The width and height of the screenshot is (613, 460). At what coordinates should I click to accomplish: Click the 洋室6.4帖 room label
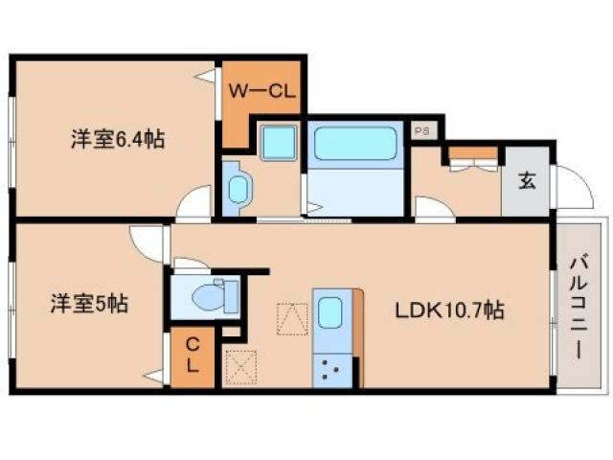(117, 140)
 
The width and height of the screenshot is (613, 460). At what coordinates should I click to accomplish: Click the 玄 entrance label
(527, 180)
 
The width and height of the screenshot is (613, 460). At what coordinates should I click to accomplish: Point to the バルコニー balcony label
(579, 305)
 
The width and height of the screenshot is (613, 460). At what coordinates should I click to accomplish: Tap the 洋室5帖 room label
(89, 305)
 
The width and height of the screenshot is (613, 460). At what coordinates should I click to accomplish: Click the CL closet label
(193, 356)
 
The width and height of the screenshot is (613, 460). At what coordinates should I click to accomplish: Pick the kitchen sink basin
(330, 312)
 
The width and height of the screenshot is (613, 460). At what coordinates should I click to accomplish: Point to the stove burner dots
(331, 368)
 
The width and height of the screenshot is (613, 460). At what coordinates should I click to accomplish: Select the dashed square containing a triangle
(289, 316)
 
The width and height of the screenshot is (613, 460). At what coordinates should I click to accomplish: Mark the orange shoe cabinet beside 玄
(473, 152)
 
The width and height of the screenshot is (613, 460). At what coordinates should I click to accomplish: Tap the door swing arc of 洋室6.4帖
(195, 204)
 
